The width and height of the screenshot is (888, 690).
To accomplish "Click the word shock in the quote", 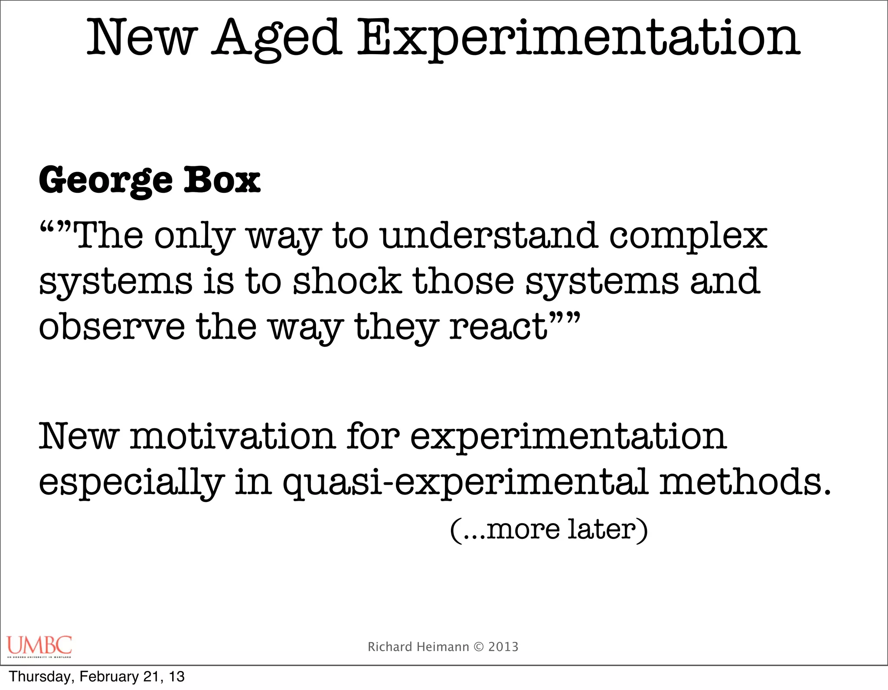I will tap(347, 281).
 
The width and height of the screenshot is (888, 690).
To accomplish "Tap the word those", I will tap(463, 281).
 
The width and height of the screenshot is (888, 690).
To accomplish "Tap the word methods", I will tap(745, 482).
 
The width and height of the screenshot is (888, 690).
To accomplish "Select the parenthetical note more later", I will tap(549, 529).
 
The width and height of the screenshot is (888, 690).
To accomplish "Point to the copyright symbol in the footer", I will tap(479, 647).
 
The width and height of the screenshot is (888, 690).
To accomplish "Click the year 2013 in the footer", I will tap(503, 647).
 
